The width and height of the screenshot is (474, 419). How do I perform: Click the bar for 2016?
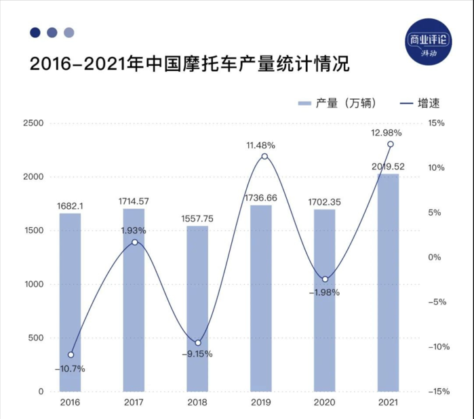(x=70, y=302)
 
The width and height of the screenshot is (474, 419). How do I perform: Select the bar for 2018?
(x=197, y=308)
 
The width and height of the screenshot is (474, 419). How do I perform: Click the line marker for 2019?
(x=264, y=157)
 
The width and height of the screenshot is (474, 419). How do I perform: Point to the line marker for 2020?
(x=325, y=279)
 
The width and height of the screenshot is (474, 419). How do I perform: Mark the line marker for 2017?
(x=134, y=242)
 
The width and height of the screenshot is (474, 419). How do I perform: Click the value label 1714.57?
(x=134, y=202)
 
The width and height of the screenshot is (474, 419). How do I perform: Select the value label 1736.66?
(x=261, y=198)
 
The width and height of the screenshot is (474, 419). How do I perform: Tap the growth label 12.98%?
(x=387, y=132)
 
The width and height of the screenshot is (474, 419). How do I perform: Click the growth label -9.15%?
(x=197, y=353)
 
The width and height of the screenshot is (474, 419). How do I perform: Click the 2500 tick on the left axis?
(x=33, y=123)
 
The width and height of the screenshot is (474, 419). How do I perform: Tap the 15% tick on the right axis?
(x=435, y=123)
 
